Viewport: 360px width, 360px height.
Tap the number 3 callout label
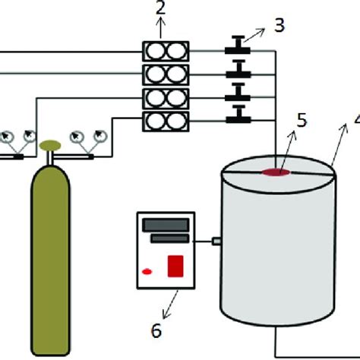click(279, 24)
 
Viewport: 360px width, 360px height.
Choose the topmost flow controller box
click(166, 51)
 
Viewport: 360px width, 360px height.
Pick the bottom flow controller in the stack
click(166, 119)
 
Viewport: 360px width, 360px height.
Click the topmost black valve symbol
click(238, 51)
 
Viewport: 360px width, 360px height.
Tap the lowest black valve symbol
click(238, 115)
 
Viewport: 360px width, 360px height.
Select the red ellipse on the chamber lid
click(277, 174)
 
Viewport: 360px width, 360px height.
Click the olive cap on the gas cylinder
click(52, 143)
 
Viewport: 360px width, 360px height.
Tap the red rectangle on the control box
click(175, 266)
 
